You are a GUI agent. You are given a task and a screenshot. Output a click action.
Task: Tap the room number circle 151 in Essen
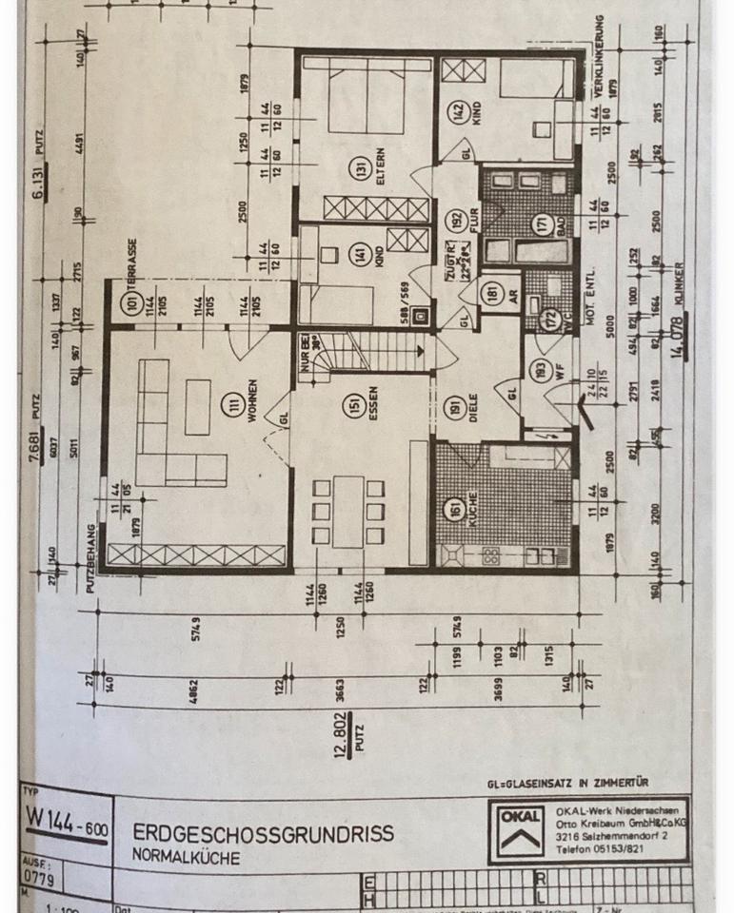[x=355, y=406]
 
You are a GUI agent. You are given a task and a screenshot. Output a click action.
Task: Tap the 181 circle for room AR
[x=491, y=293]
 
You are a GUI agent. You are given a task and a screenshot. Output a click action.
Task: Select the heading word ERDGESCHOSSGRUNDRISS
[x=263, y=834]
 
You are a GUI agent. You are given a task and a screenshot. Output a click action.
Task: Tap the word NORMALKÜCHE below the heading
[x=187, y=857]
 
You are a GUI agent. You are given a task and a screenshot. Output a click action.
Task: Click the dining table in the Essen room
[x=348, y=512]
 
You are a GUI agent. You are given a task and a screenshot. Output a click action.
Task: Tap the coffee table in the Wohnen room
[x=199, y=394]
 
